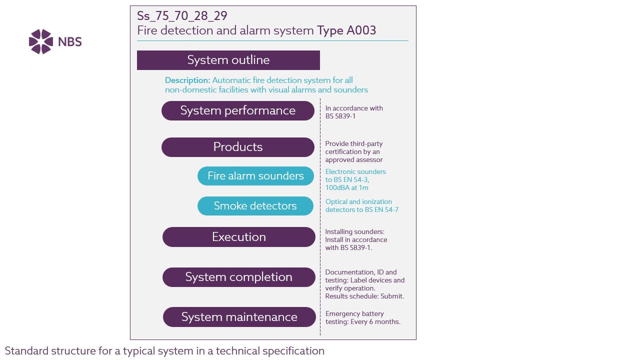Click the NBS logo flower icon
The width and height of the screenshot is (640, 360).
(41, 41)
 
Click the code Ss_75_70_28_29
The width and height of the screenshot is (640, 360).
(182, 16)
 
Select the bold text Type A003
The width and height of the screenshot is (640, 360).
(346, 30)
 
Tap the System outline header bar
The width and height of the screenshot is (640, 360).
(228, 60)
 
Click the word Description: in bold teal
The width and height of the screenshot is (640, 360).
(187, 80)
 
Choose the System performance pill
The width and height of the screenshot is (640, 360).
(237, 110)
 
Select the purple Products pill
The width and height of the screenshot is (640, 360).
(237, 147)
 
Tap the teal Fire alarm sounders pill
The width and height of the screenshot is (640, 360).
(255, 176)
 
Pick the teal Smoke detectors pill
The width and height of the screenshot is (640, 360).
(255, 206)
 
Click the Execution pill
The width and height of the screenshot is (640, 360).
(239, 237)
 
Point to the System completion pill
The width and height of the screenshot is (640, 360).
(239, 277)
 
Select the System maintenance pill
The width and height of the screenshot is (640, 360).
(239, 317)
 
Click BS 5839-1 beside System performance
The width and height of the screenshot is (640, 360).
(340, 116)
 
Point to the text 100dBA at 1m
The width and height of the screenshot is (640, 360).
(347, 187)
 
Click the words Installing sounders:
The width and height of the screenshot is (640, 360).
(355, 231)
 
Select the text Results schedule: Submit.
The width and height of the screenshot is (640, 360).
(364, 296)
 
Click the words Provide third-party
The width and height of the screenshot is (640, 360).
(354, 143)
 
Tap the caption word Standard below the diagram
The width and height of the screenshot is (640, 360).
(26, 351)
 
